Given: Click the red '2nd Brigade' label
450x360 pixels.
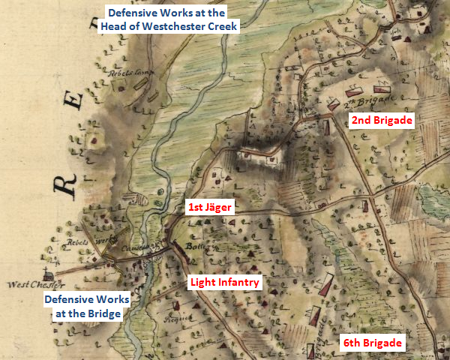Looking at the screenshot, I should click(382, 120).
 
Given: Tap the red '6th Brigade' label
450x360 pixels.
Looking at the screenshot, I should click(373, 343).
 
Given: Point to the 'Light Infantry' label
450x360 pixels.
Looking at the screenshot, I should click(224, 283).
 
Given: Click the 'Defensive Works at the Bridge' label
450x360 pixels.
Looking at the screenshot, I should click(86, 306).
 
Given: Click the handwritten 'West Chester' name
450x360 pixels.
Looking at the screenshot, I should click(37, 285).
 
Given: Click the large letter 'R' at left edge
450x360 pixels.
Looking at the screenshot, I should click(68, 182).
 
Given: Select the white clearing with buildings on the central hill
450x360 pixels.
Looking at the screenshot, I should click(259, 157).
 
